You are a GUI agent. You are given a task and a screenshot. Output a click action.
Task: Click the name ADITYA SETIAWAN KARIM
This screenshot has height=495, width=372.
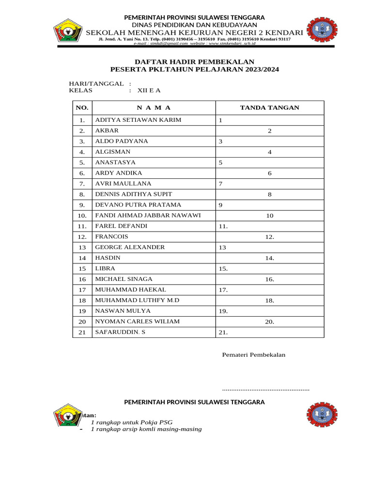click(138, 120)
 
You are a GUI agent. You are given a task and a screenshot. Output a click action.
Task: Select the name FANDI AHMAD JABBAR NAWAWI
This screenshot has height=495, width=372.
click(148, 215)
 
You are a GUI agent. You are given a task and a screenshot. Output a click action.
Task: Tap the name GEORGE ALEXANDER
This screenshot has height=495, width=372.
click(130, 247)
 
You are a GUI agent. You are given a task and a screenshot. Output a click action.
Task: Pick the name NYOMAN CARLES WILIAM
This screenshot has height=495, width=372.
click(137, 321)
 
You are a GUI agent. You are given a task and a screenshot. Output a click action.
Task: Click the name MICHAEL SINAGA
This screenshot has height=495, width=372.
click(124, 279)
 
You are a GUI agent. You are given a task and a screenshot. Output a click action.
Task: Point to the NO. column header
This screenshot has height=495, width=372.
click(82, 108)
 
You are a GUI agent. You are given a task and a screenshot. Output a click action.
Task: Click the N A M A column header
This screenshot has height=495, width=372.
click(154, 108)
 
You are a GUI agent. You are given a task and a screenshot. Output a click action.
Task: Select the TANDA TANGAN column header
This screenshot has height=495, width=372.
click(269, 108)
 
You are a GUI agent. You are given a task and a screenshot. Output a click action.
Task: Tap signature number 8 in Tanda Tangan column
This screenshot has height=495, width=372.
click(270, 194)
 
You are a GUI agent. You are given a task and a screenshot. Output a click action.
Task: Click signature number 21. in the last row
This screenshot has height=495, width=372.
click(223, 332)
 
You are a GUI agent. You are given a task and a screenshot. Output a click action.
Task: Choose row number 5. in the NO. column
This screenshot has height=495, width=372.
click(82, 162)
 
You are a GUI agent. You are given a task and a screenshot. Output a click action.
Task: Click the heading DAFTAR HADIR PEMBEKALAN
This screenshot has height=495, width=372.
click(194, 62)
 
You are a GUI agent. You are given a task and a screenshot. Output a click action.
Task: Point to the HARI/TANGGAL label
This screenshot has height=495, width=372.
click(96, 84)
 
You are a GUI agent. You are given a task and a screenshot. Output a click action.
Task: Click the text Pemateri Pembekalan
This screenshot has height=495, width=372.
click(253, 354)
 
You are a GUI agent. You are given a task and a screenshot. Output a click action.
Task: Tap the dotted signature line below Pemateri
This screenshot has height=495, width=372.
click(265, 389)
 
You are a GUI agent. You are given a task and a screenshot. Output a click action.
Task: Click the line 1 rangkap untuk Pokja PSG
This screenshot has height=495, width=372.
click(132, 422)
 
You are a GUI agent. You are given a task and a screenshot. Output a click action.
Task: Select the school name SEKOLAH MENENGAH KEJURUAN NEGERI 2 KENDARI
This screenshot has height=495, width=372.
click(194, 32)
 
